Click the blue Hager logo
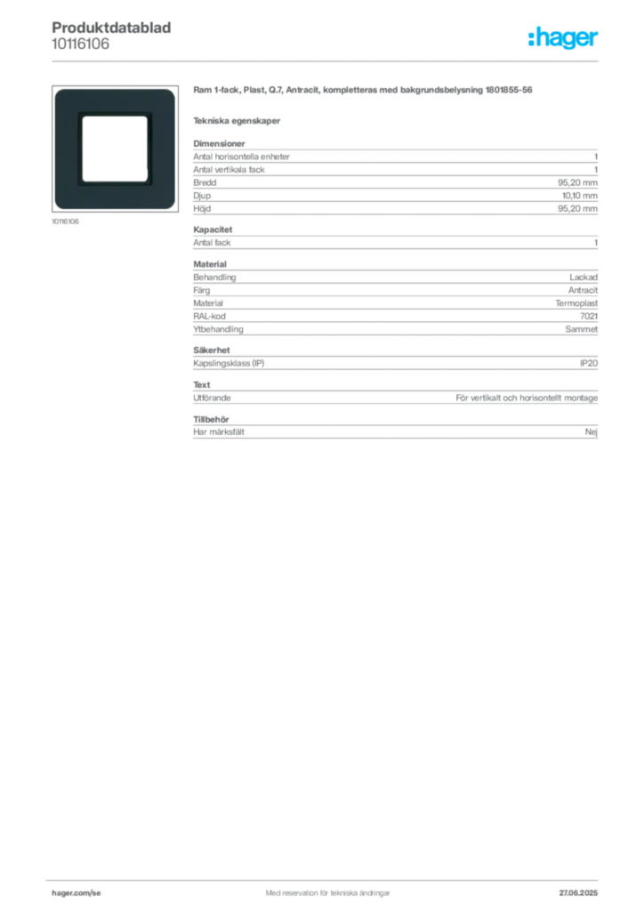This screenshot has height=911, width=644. point(564,38)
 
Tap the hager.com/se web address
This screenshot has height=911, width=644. point(76,891)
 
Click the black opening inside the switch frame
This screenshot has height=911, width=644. point(114,148)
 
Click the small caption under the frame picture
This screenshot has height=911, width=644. point(68,222)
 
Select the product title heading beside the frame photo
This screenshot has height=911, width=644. point(362,91)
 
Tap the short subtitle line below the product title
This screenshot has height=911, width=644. point(238,120)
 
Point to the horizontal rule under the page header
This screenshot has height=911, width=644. point(327,60)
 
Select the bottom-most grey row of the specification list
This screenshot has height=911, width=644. point(395,431)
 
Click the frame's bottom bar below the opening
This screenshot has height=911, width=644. point(114,197)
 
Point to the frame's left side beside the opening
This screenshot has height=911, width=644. point(67,148)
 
